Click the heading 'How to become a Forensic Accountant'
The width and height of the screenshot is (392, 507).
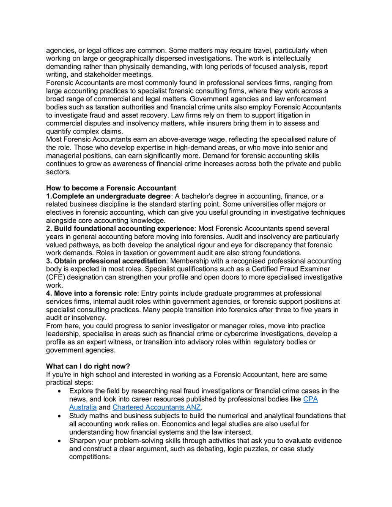[x=111, y=188]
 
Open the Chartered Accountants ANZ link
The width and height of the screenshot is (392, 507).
[x=156, y=407]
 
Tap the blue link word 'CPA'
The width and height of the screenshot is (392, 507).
[x=310, y=399]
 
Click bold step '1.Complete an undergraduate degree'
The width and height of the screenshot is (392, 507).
[x=108, y=196]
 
